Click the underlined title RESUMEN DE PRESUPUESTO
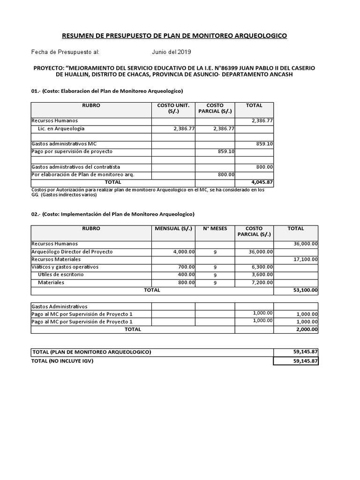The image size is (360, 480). (x=175, y=36)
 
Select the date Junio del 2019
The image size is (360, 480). (x=171, y=52)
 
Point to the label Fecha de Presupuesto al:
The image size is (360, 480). (x=65, y=52)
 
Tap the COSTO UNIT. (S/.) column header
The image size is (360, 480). (x=173, y=109)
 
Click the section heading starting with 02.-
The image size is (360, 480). (x=112, y=214)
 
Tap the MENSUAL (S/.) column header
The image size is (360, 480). (x=173, y=229)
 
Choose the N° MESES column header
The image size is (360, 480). (x=215, y=229)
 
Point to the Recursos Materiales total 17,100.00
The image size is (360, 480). (x=306, y=259)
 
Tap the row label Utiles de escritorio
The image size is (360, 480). (x=61, y=275)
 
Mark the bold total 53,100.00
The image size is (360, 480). (x=306, y=290)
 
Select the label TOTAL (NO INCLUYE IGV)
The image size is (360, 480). (x=66, y=361)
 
